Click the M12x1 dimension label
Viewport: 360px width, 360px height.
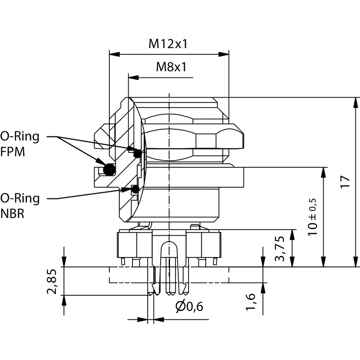(x=168, y=44)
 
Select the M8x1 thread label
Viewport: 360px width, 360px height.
(x=171, y=67)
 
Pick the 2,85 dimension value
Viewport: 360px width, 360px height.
(x=52, y=281)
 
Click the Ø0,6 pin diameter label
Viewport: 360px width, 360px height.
(x=189, y=307)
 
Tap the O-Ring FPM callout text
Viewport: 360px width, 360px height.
(x=19, y=144)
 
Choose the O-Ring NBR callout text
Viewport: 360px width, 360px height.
(x=19, y=205)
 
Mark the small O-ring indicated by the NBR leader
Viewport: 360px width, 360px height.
(x=135, y=189)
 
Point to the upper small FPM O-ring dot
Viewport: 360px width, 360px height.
(x=138, y=154)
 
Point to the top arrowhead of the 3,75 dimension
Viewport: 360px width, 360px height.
(x=293, y=234)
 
